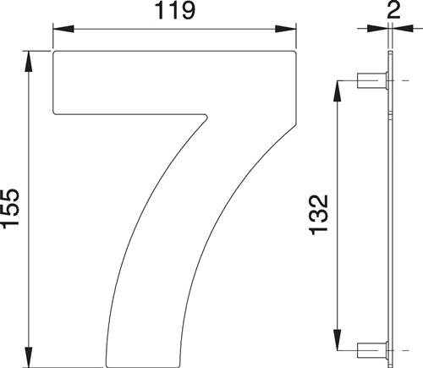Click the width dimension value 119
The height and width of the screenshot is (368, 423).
pos(175,11)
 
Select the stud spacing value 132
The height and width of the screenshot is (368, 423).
pos(320,215)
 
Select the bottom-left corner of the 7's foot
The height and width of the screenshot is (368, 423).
pos(106,364)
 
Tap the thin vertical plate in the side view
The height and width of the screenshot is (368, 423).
pos(390,211)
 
